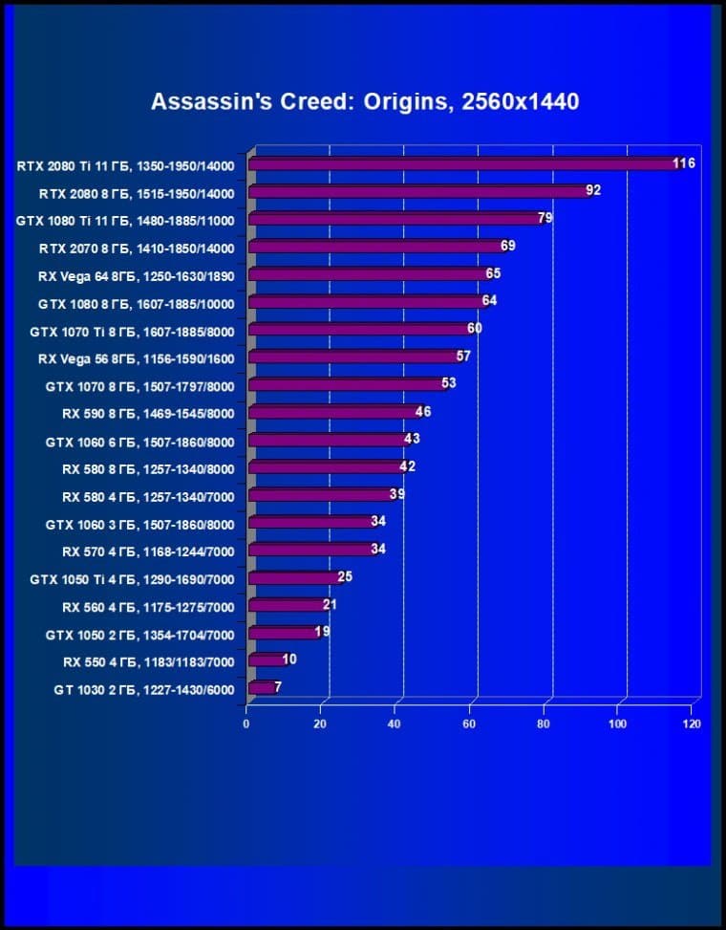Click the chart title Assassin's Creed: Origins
(365, 102)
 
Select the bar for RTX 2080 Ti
(459, 164)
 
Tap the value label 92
(593, 190)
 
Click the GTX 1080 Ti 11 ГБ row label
(125, 220)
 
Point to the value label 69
(507, 246)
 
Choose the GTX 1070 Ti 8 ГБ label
(131, 331)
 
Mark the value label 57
(463, 357)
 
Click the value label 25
(345, 576)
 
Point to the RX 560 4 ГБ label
(148, 606)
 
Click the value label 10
(289, 660)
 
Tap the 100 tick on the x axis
(618, 725)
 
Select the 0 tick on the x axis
(246, 725)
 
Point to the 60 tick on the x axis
(470, 725)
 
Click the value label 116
(683, 163)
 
